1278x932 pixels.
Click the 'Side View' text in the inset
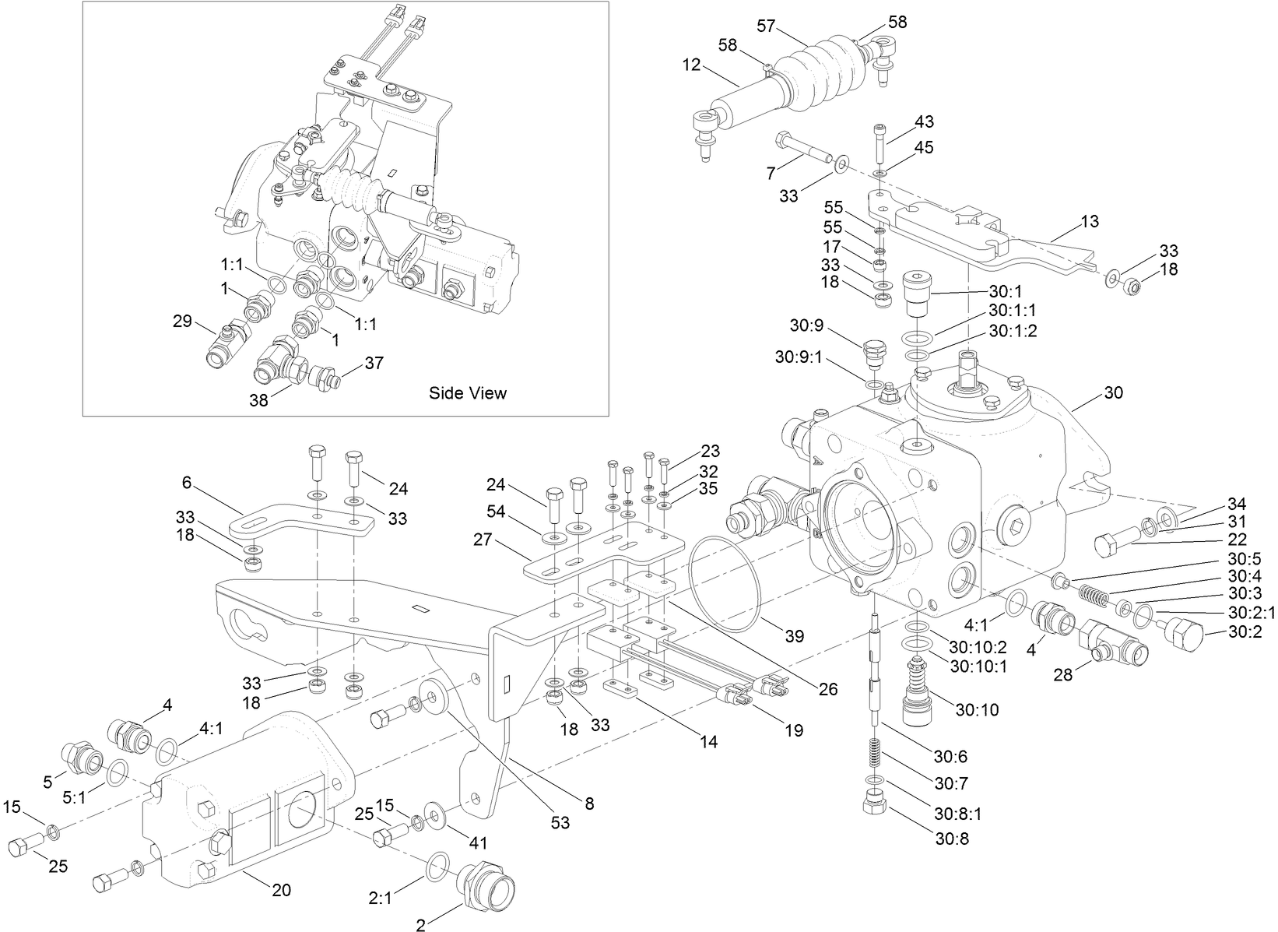(467, 393)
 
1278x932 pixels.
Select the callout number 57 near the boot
(767, 26)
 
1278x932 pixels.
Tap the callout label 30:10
(977, 709)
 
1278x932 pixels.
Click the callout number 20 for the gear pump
(281, 890)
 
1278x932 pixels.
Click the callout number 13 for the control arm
(1090, 222)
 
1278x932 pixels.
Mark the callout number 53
(560, 822)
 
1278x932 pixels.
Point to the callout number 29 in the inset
(182, 321)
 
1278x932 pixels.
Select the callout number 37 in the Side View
(374, 363)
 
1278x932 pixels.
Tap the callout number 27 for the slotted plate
(483, 539)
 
